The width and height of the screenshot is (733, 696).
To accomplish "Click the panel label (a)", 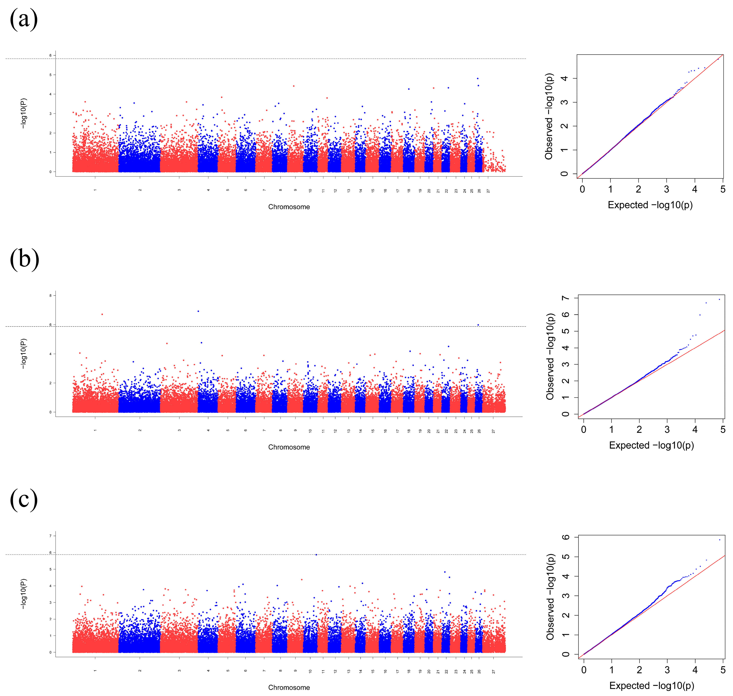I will pos(24,19).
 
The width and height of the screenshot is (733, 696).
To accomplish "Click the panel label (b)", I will pos(25,259).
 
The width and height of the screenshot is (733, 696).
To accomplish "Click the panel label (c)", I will pos(24,499).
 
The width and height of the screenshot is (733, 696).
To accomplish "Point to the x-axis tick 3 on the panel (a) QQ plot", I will pos(666,189).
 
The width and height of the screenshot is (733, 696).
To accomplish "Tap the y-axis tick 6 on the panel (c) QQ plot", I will pos(565,537).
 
